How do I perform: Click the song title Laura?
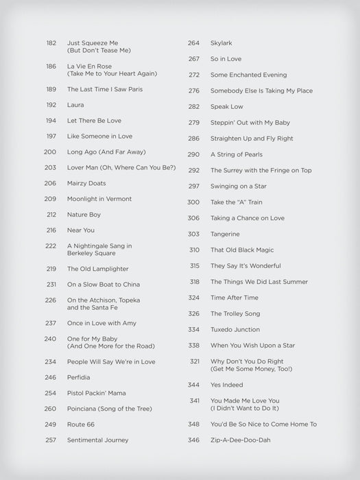[x=75, y=105]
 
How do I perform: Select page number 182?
[x=51, y=43]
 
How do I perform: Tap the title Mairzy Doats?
[x=86, y=183]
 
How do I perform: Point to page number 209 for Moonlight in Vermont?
[x=51, y=199]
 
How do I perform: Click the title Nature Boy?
[x=84, y=215]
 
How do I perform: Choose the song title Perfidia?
[x=78, y=377]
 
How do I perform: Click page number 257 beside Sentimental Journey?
[x=51, y=440]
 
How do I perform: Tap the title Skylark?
[x=221, y=43]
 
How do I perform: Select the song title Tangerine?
[x=225, y=234]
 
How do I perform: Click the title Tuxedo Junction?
[x=235, y=329]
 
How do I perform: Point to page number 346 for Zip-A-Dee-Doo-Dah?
[x=193, y=440]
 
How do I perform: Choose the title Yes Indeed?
[x=226, y=385]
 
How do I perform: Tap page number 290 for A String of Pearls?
[x=193, y=154]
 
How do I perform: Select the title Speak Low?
[x=227, y=106]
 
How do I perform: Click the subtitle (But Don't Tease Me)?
[x=99, y=51]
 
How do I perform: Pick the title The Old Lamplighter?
[x=97, y=269]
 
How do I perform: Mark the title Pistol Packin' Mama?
[x=96, y=393]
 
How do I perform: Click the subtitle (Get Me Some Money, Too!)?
[x=251, y=369]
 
